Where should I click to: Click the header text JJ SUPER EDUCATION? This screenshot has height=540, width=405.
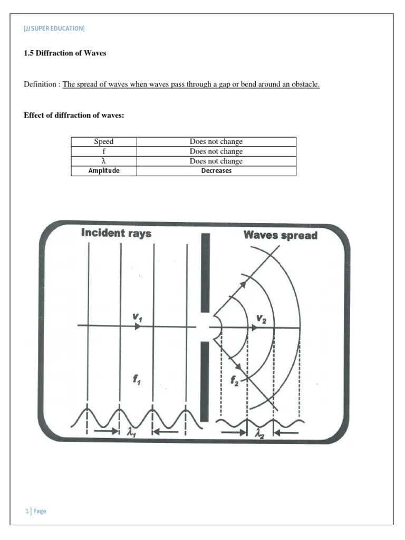54,28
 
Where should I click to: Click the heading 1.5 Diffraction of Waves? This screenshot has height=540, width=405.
65,53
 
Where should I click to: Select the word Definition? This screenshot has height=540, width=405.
40,84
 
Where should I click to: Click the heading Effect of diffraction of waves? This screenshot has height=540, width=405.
74,115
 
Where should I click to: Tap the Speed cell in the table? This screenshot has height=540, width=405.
104,141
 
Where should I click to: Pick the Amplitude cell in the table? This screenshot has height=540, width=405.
104,171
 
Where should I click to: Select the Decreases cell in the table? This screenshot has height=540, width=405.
216,171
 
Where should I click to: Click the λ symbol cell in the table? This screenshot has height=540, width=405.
104,161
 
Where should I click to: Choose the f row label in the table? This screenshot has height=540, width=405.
104,151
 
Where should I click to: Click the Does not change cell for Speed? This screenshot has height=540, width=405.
216,141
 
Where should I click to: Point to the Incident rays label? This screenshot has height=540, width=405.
116,233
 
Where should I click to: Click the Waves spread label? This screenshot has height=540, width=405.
280,235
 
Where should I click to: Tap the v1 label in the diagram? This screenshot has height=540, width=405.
137,317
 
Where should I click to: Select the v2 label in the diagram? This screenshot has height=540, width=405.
262,318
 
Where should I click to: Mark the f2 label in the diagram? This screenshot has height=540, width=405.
234,381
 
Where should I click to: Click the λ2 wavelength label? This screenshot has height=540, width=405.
259,433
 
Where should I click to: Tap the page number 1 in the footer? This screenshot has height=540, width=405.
26,510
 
